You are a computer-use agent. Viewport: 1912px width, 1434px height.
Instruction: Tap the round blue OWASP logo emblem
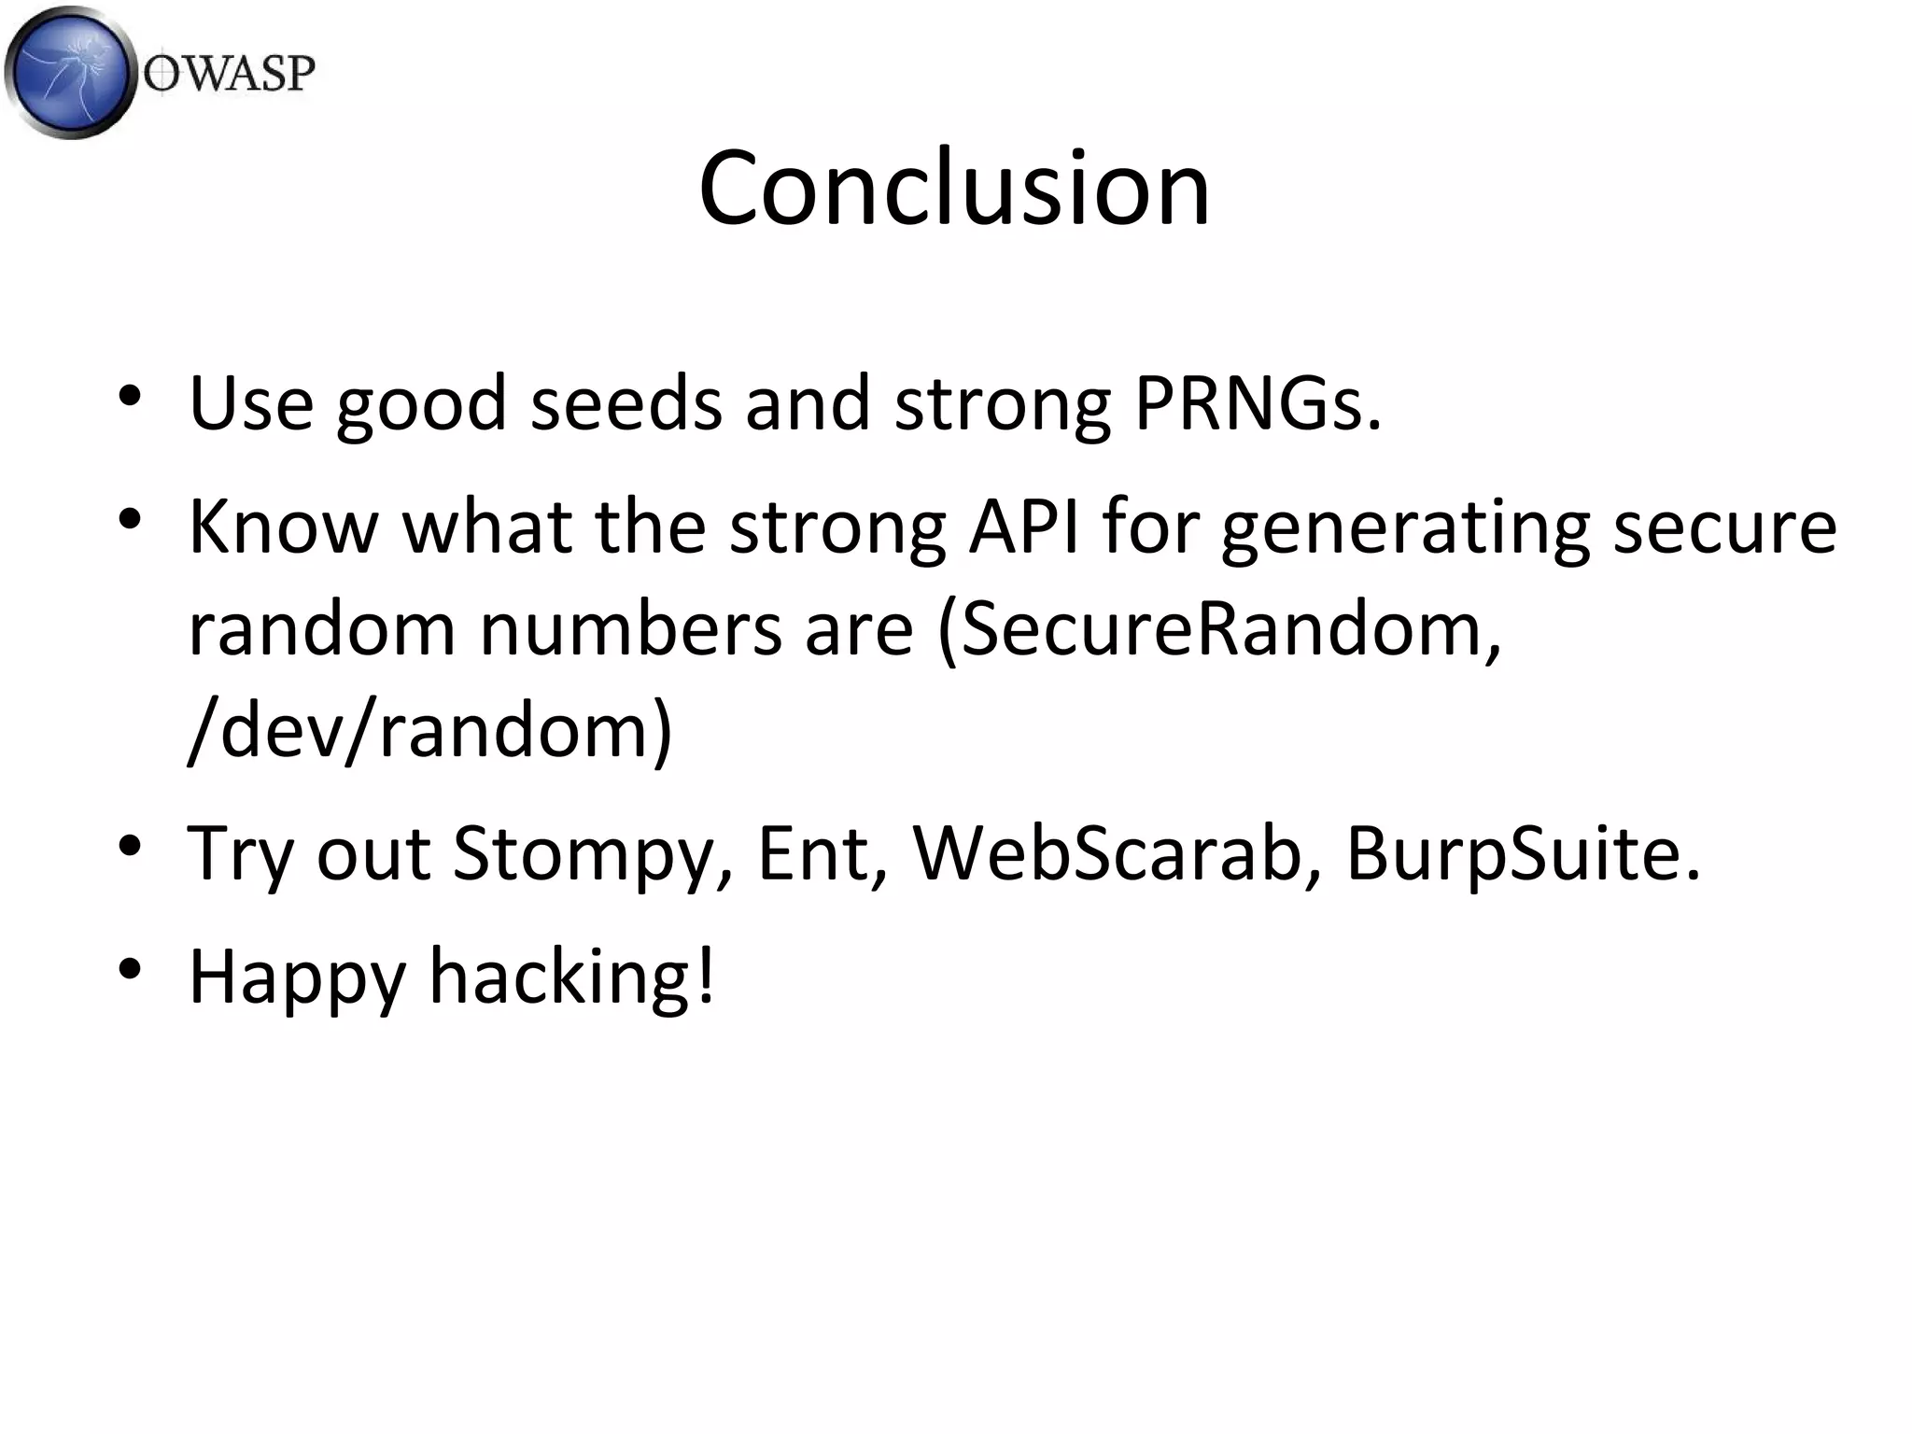point(71,72)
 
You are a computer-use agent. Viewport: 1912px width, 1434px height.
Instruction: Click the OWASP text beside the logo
point(229,73)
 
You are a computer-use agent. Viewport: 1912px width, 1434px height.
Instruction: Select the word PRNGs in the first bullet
point(1257,404)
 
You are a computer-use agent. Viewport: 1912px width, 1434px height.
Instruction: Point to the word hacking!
point(571,976)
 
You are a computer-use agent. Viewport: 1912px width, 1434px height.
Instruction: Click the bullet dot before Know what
point(130,518)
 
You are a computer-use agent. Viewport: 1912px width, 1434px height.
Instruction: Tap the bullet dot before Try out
point(130,846)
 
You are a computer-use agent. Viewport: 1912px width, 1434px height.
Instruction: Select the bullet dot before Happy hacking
point(130,968)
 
